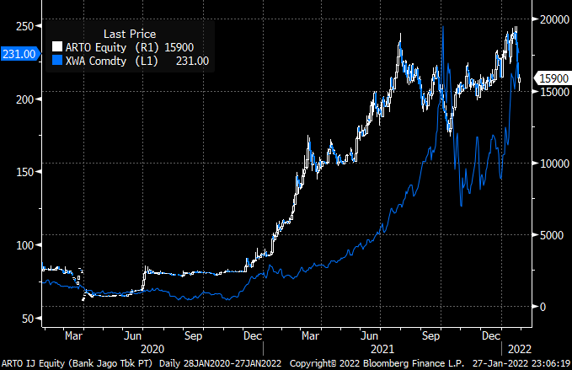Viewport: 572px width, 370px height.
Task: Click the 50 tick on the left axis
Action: point(26,318)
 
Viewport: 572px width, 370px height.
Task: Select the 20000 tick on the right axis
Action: point(552,19)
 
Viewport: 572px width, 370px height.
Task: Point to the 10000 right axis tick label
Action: point(552,163)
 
